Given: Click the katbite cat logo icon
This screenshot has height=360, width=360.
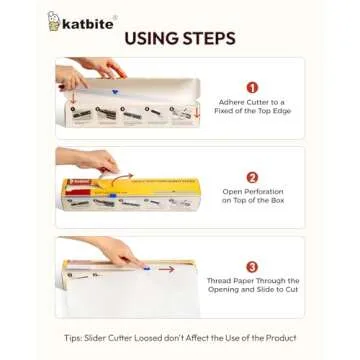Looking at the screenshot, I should pyautogui.click(x=54, y=20).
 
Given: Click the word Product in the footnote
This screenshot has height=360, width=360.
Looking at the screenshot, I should pyautogui.click(x=279, y=337).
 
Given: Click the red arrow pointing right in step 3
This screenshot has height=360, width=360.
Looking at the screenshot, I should pyautogui.click(x=165, y=268).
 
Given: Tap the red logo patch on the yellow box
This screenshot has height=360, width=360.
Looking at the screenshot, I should pyautogui.click(x=72, y=185).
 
